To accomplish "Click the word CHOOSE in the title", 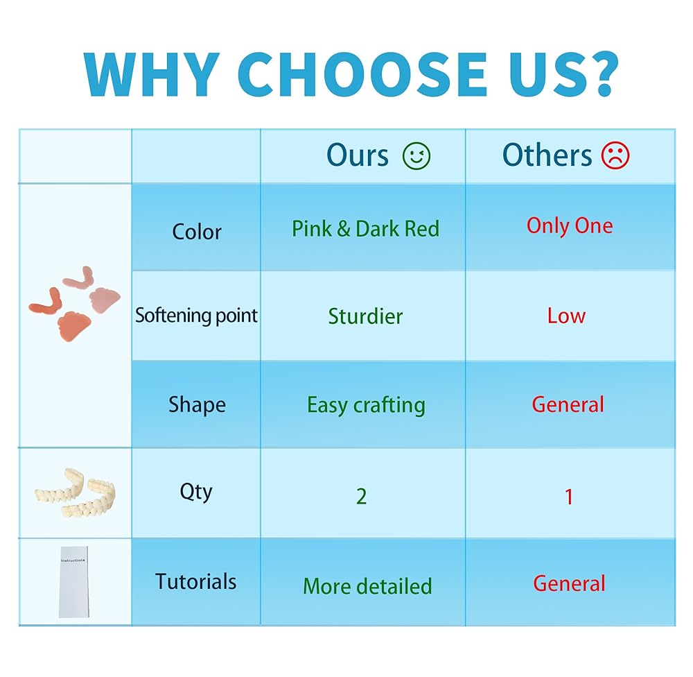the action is (362, 74).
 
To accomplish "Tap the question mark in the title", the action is (599, 74).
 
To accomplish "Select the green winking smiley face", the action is (416, 156).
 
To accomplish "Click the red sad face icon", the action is (615, 155).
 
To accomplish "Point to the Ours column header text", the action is (358, 155).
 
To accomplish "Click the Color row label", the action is (197, 232).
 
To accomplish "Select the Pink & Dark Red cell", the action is (365, 229).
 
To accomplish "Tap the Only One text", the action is (570, 226).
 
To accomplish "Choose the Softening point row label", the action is (196, 316).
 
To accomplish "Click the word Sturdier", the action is (365, 316).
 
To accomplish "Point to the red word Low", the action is (567, 316).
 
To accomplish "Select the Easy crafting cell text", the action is (367, 405).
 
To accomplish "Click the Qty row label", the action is (196, 492).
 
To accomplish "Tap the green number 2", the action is (362, 497).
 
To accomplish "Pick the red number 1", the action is (569, 497).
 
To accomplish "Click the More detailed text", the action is (368, 586).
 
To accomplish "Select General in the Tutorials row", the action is (569, 583).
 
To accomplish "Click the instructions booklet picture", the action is (74, 582).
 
